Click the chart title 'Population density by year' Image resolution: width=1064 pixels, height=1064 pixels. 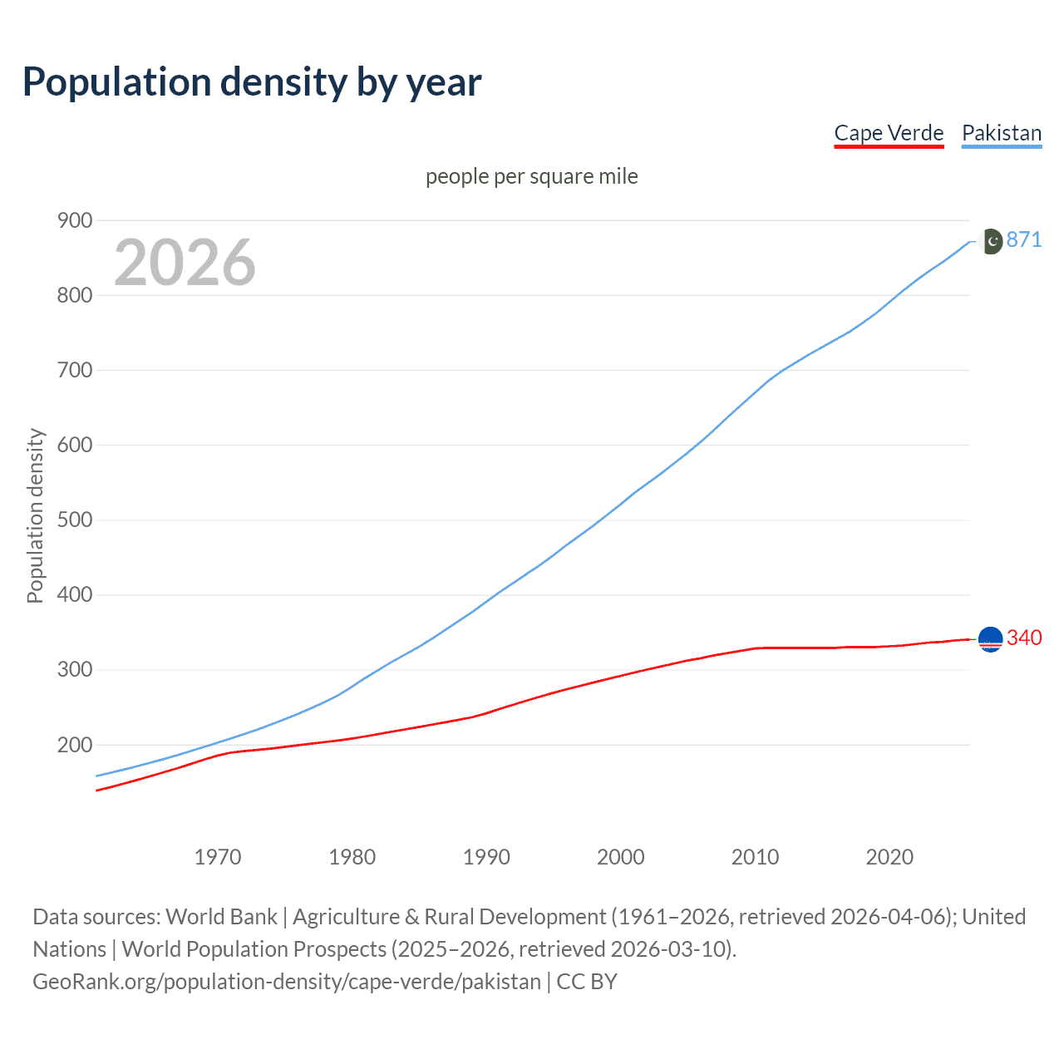252,82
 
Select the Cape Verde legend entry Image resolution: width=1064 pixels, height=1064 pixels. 889,133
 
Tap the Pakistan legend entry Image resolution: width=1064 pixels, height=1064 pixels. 1001,133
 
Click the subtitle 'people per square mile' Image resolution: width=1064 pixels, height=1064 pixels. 531,176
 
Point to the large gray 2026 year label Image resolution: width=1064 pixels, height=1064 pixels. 185,263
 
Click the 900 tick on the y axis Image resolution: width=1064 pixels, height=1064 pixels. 74,220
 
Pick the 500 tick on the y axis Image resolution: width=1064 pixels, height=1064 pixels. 74,520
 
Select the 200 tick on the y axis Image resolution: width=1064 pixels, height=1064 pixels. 74,745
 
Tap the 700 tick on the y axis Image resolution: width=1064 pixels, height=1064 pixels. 74,370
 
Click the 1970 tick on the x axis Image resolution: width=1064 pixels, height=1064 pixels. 218,857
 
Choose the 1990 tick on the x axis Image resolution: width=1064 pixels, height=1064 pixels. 486,857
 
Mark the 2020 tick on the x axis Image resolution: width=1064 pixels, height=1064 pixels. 889,857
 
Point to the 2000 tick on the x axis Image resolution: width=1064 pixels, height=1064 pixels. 621,857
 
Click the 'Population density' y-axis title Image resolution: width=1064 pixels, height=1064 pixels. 35,515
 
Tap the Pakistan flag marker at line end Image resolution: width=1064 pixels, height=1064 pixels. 991,241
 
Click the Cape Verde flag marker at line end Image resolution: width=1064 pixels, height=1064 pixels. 991,638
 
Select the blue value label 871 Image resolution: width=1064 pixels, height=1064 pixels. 1023,239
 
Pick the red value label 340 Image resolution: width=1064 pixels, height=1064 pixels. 1023,638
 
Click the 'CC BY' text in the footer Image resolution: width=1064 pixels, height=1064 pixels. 587,982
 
